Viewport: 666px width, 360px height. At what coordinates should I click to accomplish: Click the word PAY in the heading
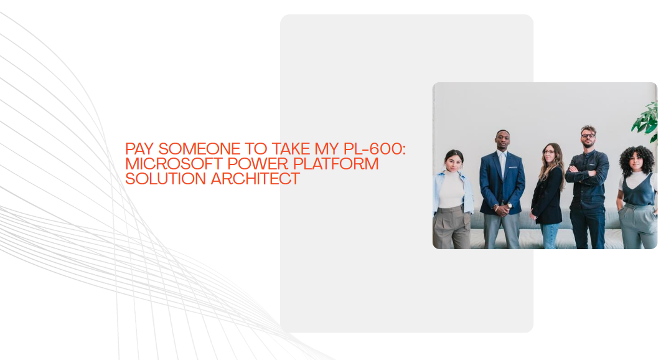click(138, 149)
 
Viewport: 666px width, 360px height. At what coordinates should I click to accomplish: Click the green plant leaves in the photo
click(647, 120)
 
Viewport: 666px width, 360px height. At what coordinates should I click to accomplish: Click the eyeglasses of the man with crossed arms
click(588, 136)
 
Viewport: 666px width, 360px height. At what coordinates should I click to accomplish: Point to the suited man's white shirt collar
click(502, 153)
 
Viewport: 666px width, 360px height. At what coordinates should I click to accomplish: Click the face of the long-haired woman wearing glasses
click(549, 153)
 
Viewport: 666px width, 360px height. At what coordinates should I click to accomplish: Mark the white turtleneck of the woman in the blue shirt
click(451, 190)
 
